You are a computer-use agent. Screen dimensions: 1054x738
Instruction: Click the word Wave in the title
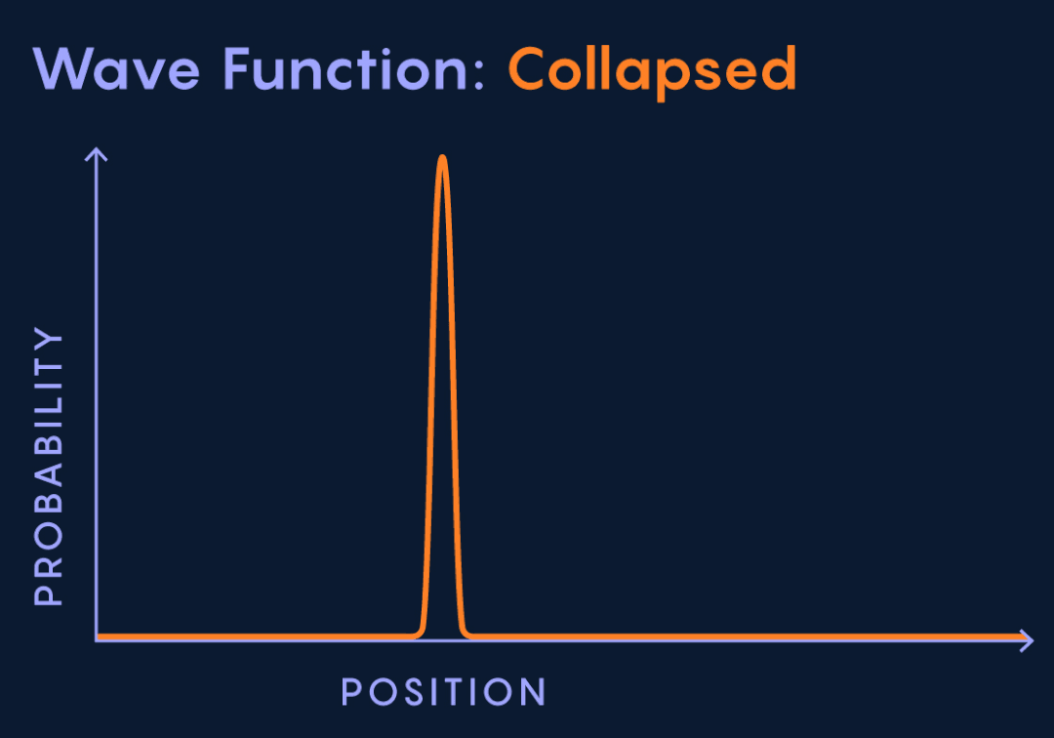coord(116,68)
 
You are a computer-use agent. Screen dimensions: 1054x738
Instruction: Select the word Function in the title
coord(345,68)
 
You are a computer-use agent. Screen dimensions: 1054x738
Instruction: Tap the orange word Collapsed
coord(653,72)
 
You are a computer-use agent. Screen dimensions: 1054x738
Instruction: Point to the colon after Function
coord(478,75)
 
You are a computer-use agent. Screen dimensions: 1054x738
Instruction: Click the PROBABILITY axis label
coord(49,467)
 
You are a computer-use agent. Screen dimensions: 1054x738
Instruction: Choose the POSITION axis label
coord(444,691)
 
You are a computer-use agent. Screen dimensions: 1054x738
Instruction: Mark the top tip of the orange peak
coord(442,156)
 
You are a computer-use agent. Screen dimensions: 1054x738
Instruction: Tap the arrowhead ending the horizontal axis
coord(1027,640)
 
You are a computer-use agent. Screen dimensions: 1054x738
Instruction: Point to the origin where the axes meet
coord(97,639)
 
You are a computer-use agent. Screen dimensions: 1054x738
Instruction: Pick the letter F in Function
coord(236,68)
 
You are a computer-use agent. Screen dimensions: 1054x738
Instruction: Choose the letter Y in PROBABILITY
coord(49,340)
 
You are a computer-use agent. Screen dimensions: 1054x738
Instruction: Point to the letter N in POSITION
coord(533,691)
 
